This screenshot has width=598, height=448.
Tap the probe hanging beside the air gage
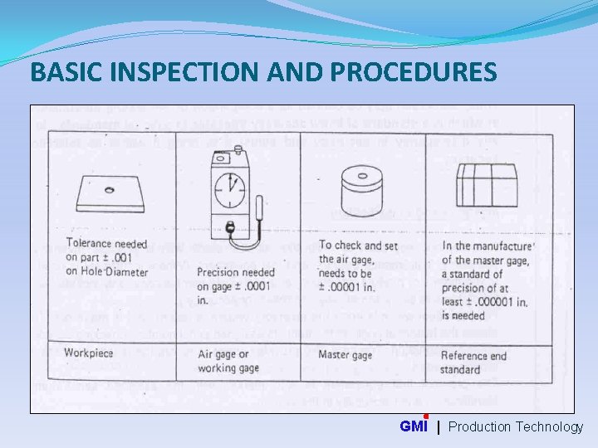(x=262, y=207)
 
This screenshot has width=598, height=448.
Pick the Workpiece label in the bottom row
(x=89, y=353)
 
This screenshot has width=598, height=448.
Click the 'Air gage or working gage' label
(x=228, y=361)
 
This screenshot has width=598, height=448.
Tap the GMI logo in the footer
(x=414, y=426)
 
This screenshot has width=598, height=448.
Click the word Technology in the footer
(x=549, y=426)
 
